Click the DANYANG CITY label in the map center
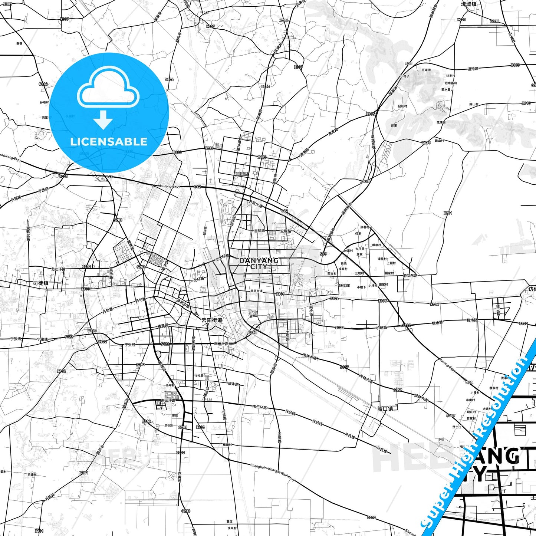[x=259, y=263]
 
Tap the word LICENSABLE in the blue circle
[x=109, y=142]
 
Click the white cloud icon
[x=108, y=88]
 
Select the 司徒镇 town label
[x=40, y=283]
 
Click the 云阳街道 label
[x=211, y=320]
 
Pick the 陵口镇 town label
[x=385, y=408]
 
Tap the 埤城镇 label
[x=468, y=4]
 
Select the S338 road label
[x=495, y=22]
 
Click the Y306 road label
[x=169, y=79]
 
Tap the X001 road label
[x=63, y=177]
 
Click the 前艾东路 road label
[x=410, y=276]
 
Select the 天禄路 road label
[x=260, y=231]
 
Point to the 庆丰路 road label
[x=233, y=384]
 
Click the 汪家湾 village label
[x=426, y=70]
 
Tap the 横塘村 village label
[x=227, y=444]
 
